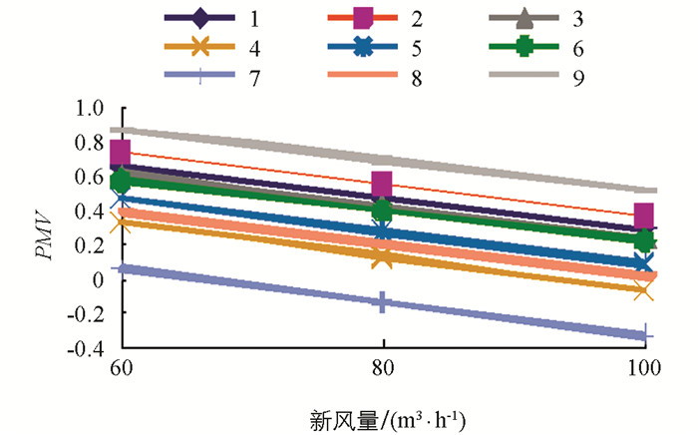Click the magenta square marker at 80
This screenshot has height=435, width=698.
click(x=382, y=184)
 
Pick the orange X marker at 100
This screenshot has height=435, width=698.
click(x=643, y=290)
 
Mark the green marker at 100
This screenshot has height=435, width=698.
click(x=644, y=240)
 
